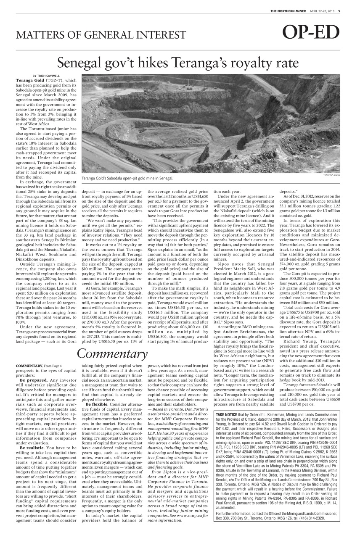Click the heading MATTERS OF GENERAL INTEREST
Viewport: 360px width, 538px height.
[x=101, y=35]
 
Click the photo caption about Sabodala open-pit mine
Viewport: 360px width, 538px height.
[x=127, y=178]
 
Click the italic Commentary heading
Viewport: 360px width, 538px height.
[x=112, y=354]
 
